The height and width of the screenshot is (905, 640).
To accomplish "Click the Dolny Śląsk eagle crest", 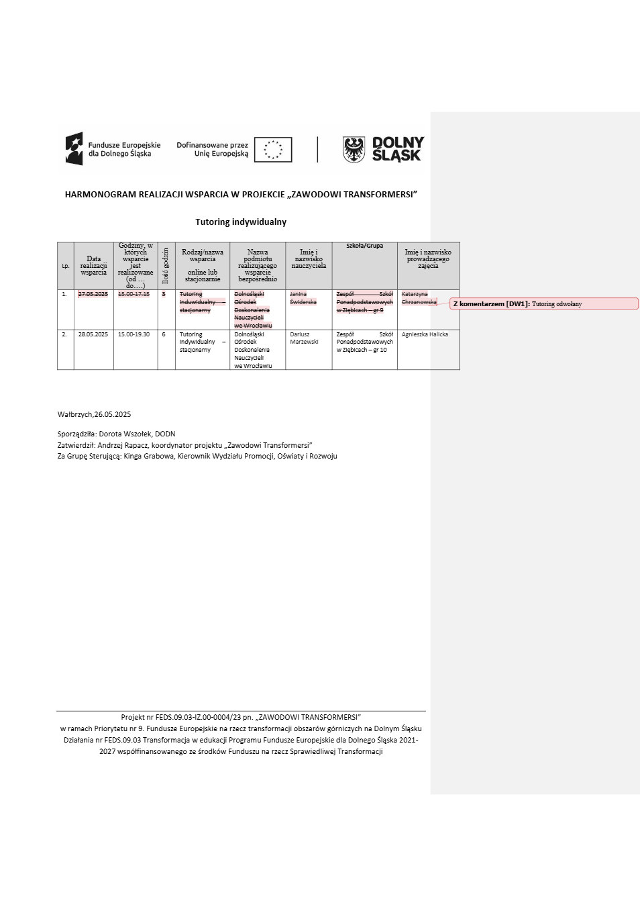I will (354, 149).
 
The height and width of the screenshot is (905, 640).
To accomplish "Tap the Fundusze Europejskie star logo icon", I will (74, 149).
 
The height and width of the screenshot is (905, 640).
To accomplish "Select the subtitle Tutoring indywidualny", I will (241, 222).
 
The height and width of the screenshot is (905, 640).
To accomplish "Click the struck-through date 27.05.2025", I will (93, 294).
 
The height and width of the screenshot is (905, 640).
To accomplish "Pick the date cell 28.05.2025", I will (93, 334).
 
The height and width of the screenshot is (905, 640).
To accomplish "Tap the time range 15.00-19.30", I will (134, 334).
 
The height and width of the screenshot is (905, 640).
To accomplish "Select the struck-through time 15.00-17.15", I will (134, 294).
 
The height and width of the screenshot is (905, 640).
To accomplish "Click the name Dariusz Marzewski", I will (305, 338).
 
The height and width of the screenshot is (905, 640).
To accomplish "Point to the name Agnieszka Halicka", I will (425, 334).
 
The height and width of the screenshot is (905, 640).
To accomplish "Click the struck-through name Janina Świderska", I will (303, 298).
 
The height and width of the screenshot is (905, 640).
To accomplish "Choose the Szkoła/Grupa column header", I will (364, 246).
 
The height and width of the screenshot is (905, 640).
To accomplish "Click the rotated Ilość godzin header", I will (166, 266).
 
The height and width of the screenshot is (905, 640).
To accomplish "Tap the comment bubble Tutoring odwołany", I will (543, 304).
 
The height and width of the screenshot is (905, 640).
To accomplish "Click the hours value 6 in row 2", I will (164, 334).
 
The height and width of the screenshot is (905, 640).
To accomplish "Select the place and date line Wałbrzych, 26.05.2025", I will (94, 414).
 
